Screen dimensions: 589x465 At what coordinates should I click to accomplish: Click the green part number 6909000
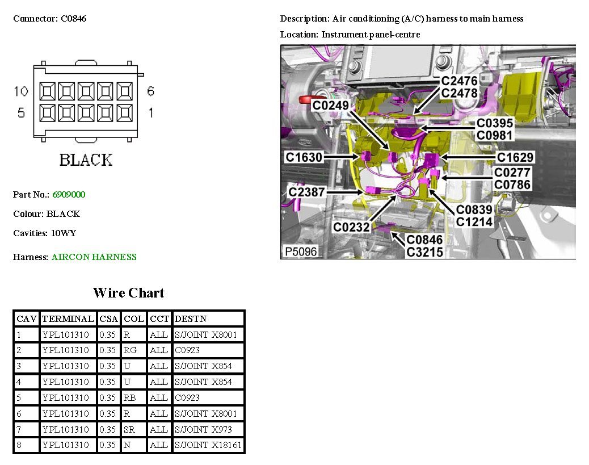69,194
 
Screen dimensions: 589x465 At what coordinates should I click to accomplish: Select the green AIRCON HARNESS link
94,257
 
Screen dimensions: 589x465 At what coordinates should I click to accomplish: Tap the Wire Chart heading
129,292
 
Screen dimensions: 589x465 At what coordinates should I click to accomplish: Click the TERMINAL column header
68,319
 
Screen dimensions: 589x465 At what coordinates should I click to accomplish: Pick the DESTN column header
191,319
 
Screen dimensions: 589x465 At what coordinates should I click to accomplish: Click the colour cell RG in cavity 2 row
130,350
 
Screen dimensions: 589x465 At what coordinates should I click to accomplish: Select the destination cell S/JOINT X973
203,429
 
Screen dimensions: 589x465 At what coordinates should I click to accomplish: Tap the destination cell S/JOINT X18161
208,445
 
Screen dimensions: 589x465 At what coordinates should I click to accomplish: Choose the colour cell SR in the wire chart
129,429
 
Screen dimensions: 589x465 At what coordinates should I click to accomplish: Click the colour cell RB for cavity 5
129,397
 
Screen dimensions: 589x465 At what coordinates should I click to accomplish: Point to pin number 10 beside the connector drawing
21,91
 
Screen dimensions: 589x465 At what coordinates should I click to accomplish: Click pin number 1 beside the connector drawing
151,112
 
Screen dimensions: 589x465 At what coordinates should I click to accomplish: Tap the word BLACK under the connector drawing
86,160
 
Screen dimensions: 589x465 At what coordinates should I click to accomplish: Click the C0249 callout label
331,105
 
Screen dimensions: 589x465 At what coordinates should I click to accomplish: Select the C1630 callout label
304,157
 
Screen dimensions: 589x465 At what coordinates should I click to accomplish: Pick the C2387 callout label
306,192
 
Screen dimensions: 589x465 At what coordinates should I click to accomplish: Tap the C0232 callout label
352,227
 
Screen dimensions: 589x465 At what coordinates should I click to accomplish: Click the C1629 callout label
515,157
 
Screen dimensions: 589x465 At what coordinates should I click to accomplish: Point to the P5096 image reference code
301,252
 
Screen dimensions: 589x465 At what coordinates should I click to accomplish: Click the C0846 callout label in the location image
424,240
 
